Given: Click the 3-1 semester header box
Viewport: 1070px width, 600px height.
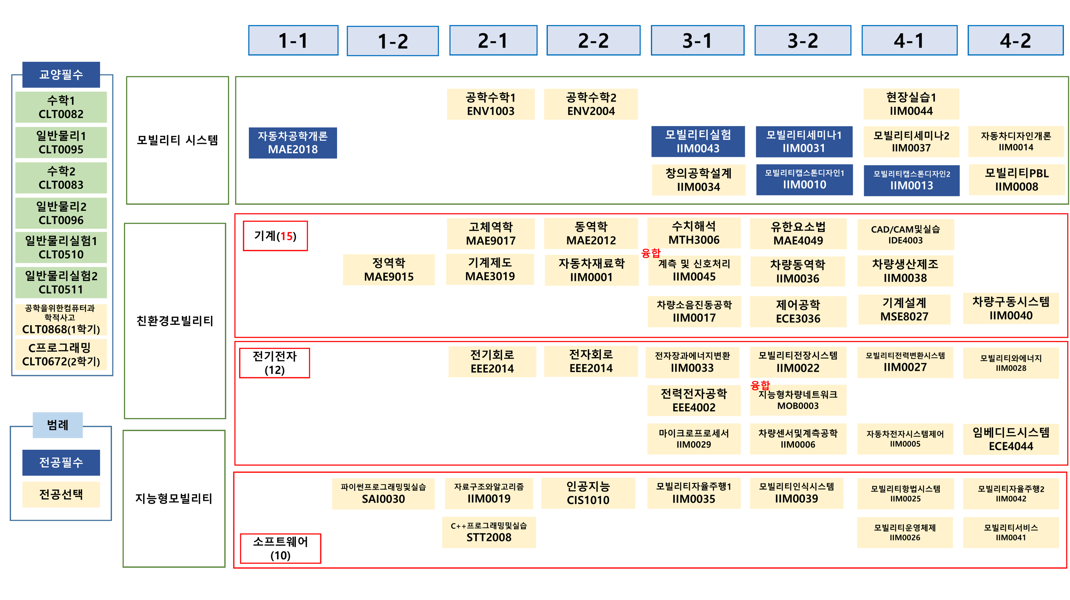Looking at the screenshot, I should coord(697,40).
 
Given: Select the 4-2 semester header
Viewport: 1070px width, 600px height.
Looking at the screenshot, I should coord(1015,40).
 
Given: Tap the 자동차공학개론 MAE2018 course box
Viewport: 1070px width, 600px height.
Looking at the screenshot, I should coord(293,143).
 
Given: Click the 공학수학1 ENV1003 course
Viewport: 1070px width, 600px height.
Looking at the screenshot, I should coord(490,104).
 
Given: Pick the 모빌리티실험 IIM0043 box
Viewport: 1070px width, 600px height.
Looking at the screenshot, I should coord(698,141).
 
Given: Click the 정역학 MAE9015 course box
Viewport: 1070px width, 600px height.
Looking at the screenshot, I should coord(389,270).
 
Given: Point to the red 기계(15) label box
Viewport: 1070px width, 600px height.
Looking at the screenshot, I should coord(275,236).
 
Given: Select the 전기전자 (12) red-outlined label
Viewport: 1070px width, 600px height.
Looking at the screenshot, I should coord(275,363).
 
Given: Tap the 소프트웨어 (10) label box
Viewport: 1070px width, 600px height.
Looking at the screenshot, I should coord(280,548).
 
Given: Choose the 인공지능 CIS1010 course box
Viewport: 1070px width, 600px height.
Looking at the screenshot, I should coord(588,493).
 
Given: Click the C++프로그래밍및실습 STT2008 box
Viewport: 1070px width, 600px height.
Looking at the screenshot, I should coord(489,532).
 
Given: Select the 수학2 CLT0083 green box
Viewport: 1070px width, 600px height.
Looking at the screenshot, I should coord(61,178).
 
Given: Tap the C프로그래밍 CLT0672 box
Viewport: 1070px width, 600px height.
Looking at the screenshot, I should coord(61,354).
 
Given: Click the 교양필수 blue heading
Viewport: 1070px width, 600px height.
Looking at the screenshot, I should coord(61,75).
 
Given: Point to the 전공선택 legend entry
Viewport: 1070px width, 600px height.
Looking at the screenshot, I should coord(61,494).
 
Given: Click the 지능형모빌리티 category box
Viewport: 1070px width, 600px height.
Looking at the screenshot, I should coord(174,498).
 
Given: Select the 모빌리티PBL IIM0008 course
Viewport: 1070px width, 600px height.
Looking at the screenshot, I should coord(1016,180).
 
